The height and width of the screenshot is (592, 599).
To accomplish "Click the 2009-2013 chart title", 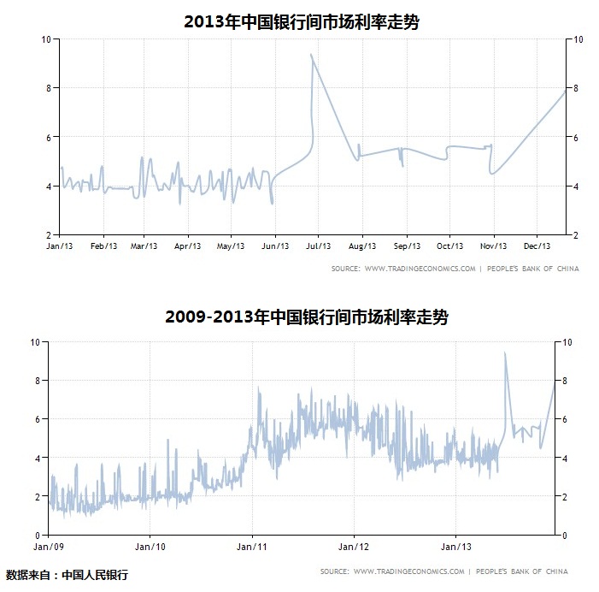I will pyautogui.click(x=307, y=317).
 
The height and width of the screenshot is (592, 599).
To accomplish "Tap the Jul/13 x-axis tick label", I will pyautogui.click(x=319, y=246).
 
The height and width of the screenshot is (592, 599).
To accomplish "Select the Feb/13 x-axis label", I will pyautogui.click(x=103, y=246).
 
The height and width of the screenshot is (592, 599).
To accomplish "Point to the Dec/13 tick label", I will pyautogui.click(x=537, y=246).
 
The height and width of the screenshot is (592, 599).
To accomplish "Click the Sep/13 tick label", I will pyautogui.click(x=406, y=246).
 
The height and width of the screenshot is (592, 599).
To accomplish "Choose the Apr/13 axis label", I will pyautogui.click(x=189, y=246).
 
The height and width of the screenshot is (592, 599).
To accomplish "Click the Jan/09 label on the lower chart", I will pyautogui.click(x=49, y=546).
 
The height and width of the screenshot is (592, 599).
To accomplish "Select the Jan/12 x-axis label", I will pyautogui.click(x=354, y=546).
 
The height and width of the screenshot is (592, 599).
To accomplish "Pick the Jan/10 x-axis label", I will pyautogui.click(x=150, y=546).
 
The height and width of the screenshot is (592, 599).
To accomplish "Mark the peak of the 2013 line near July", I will pyautogui.click(x=311, y=55).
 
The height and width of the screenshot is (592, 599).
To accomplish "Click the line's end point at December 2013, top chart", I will pyautogui.click(x=565, y=92).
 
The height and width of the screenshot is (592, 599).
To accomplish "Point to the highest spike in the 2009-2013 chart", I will pyautogui.click(x=505, y=352).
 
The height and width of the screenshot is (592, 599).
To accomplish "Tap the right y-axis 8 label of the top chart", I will pyautogui.click(x=579, y=88).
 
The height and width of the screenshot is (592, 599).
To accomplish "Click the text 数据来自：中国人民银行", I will pyautogui.click(x=67, y=575).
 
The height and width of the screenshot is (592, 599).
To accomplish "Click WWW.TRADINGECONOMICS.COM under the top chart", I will pyautogui.click(x=420, y=269).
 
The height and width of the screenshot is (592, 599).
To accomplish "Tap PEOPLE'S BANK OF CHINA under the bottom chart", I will pyautogui.click(x=521, y=571).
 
